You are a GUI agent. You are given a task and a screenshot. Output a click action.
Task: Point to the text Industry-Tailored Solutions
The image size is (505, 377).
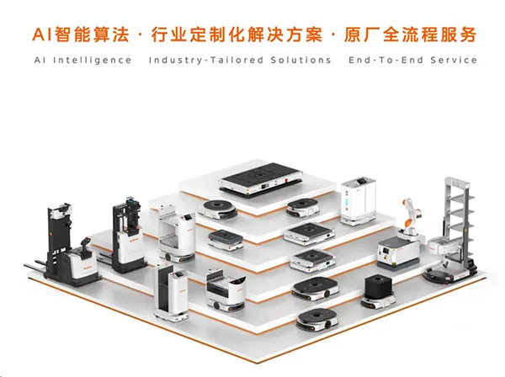[240, 61]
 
